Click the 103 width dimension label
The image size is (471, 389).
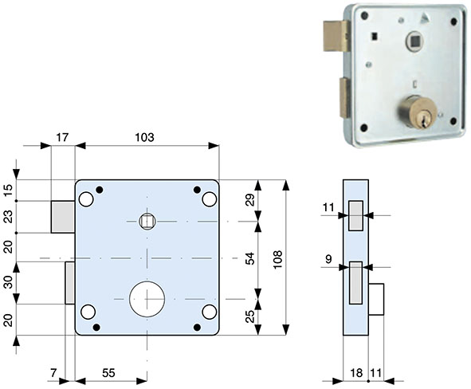click(x=144, y=138)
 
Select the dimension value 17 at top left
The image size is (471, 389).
click(x=62, y=138)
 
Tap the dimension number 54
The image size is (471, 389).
click(x=249, y=258)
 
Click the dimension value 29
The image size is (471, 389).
click(x=249, y=200)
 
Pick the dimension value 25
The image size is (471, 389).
click(x=249, y=316)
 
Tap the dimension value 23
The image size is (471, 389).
click(x=8, y=216)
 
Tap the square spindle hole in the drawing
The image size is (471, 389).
click(x=147, y=220)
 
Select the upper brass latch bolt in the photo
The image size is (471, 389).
click(x=334, y=35)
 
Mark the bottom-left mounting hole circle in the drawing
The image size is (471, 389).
click(x=88, y=312)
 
